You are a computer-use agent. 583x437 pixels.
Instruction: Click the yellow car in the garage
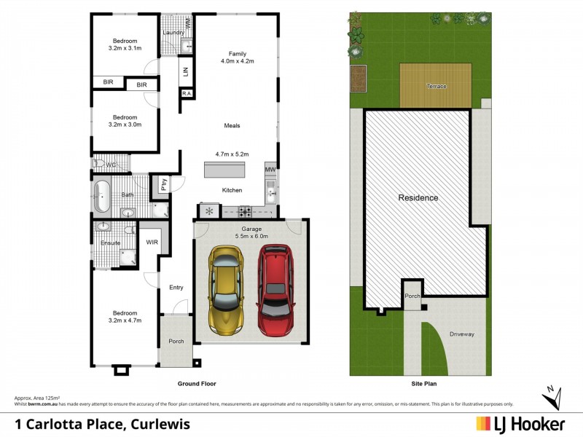(x=225, y=290)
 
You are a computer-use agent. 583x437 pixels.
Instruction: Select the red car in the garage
(x=275, y=290)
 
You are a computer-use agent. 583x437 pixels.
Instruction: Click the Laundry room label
(x=173, y=33)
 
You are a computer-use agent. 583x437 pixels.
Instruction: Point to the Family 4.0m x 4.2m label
(x=237, y=58)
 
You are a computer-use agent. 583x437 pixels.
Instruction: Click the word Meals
(x=232, y=125)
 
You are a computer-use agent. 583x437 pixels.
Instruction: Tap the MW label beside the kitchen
(x=270, y=170)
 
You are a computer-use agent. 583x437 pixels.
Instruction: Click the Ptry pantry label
(x=164, y=185)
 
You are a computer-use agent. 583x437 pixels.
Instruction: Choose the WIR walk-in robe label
(x=152, y=242)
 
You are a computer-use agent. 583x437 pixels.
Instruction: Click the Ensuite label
(x=110, y=242)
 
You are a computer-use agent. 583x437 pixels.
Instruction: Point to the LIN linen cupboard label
(x=186, y=71)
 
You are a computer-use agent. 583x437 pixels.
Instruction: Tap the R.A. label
(x=187, y=93)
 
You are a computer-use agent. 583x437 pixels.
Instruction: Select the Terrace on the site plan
(x=436, y=84)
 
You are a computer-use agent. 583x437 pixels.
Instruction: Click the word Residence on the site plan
(x=418, y=198)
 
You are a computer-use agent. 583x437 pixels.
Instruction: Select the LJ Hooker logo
(x=520, y=423)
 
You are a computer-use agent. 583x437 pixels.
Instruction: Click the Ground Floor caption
(x=197, y=383)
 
